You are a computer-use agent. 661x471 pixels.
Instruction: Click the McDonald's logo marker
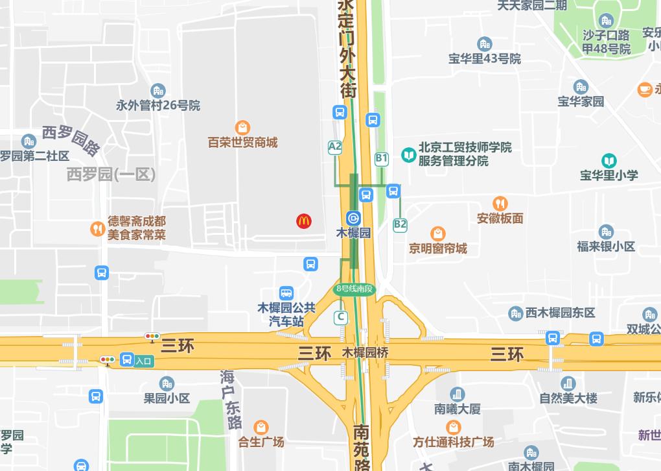pos(304,221)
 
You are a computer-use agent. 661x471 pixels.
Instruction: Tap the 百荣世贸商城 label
pos(242,142)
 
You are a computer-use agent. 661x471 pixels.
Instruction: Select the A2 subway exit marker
pos(335,147)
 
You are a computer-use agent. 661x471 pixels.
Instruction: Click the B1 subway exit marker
pos(382,158)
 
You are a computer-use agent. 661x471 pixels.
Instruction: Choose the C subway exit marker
pos(341,317)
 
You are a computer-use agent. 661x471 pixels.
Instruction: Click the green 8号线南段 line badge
pos(355,289)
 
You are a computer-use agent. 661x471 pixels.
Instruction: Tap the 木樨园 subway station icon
pos(354,218)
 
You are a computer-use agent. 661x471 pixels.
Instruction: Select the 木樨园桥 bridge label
pos(365,354)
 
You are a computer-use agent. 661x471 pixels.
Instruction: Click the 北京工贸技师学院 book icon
pos(409,154)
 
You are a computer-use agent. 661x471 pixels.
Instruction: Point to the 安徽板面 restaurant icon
pos(500,204)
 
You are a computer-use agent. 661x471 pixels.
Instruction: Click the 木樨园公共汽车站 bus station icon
pos(286,294)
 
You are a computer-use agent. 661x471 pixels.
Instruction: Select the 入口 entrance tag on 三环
pos(143,361)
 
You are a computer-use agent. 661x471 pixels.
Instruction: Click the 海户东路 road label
pos(230,398)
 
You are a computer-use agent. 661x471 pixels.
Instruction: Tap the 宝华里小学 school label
pos(609,175)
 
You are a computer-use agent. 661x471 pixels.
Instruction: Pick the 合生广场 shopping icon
pos(261,428)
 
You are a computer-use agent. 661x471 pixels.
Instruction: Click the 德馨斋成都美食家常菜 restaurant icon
pos(97,228)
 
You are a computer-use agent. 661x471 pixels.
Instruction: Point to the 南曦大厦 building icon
pos(458,394)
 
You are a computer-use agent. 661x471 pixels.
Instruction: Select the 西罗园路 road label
pos(71,140)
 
